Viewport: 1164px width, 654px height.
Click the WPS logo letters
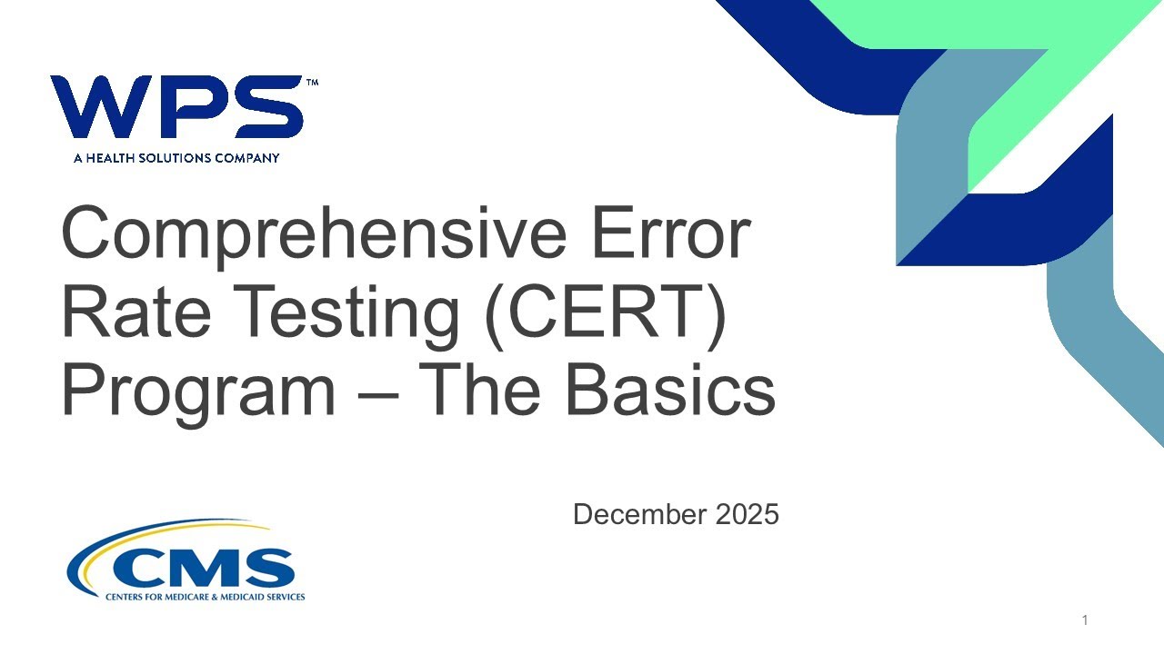click(176, 107)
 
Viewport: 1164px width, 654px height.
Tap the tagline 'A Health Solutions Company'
click(176, 158)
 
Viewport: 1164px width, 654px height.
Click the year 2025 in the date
click(748, 515)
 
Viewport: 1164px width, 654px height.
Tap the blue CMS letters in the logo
click(204, 568)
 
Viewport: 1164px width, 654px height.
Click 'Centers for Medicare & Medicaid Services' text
click(206, 597)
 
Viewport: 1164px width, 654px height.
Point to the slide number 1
click(1085, 620)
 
